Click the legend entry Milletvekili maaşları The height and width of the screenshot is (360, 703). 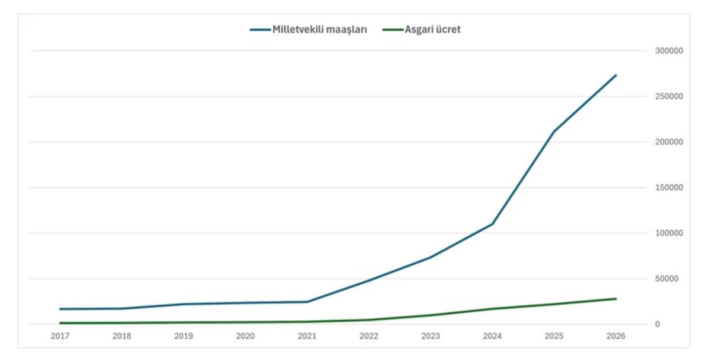click(x=320, y=30)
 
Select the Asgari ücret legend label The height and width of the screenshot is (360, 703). click(x=432, y=30)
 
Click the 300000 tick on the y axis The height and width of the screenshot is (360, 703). click(x=669, y=51)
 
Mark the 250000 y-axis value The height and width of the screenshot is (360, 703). click(x=669, y=96)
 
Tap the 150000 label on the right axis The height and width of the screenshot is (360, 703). click(x=669, y=187)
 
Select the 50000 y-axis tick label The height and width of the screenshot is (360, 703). click(x=667, y=279)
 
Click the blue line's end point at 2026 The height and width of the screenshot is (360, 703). click(x=615, y=76)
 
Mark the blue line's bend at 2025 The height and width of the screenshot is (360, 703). click(x=553, y=132)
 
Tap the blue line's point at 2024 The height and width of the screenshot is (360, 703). click(x=492, y=224)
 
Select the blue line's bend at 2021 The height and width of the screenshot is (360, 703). click(x=307, y=302)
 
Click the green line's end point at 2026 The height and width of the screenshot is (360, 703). click(x=615, y=299)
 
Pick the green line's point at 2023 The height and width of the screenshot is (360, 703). click(x=430, y=315)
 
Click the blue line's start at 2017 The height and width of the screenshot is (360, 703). click(x=60, y=309)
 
